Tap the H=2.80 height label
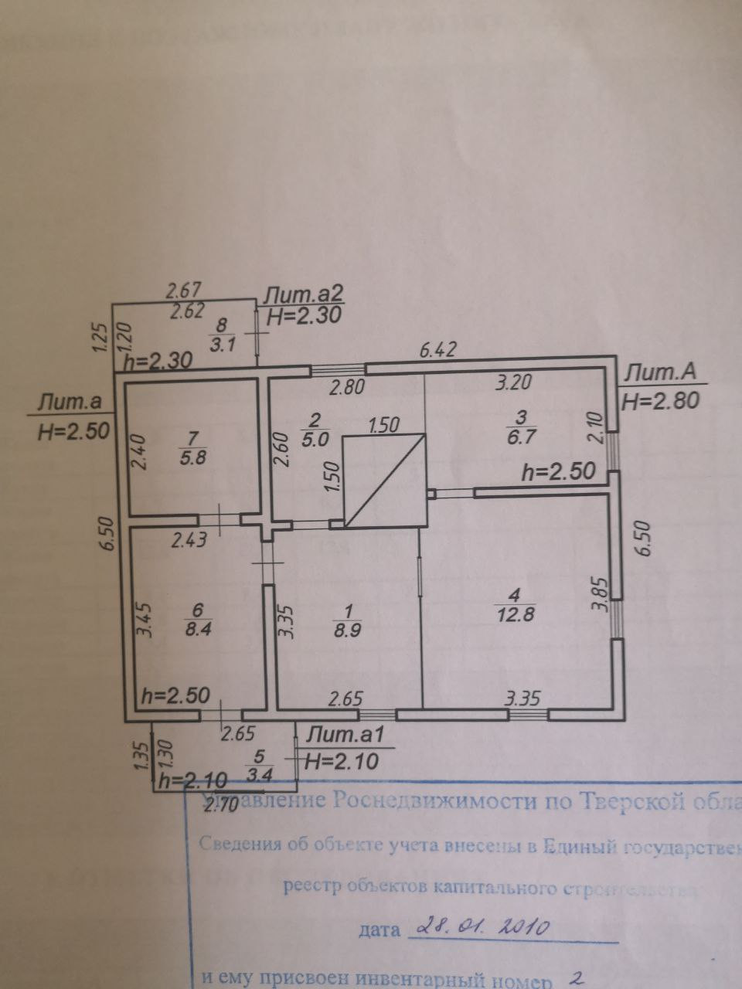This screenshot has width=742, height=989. (660, 400)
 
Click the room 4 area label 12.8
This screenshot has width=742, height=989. (517, 615)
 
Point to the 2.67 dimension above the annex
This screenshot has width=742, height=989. (184, 291)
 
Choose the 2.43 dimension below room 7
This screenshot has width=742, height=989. (188, 541)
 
